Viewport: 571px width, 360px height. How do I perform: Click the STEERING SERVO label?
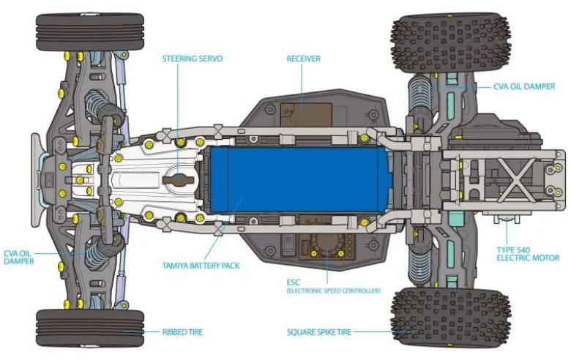point(193,59)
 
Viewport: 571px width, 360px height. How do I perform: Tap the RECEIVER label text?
point(303,59)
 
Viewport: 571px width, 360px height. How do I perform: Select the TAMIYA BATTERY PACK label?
point(201,266)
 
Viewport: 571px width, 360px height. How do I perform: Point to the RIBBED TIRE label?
point(182,332)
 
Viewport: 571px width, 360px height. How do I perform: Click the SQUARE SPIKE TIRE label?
point(319,332)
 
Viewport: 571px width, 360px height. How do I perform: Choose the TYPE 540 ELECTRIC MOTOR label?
point(528,254)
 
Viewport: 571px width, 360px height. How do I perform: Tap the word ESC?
point(293,282)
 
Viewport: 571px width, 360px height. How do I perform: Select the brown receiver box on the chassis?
point(306,115)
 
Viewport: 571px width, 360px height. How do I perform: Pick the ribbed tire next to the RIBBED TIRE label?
point(90,328)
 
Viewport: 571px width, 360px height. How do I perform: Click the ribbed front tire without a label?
point(90,32)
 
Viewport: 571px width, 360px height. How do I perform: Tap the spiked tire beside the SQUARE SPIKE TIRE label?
point(450,317)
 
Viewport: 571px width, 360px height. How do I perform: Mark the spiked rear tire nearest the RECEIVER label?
point(450,43)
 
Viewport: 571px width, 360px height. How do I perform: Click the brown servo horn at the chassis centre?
point(179,180)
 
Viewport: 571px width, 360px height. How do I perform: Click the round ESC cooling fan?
point(327,244)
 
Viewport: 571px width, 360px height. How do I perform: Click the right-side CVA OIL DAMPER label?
point(524,86)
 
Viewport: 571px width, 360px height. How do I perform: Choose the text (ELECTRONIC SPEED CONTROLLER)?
point(333,290)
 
